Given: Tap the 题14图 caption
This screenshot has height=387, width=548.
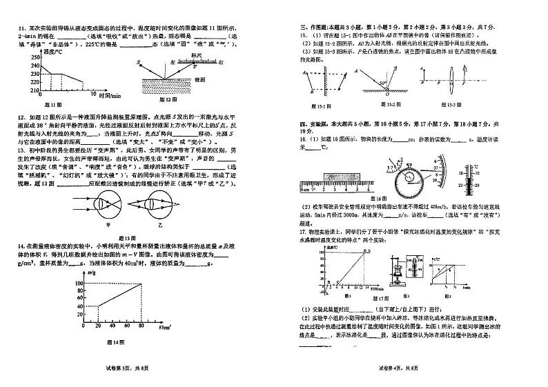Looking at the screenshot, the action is [x=114, y=342].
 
